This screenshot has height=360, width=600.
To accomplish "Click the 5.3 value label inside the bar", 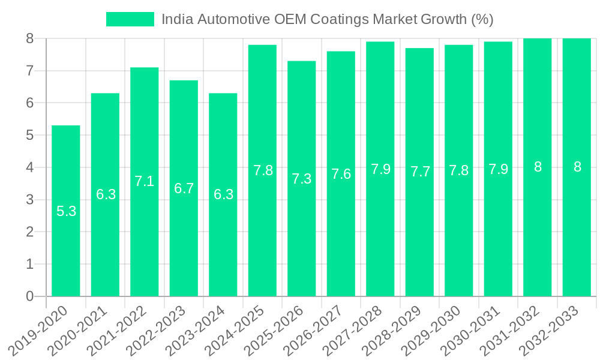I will [x=66, y=211].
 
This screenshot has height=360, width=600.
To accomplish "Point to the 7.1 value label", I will [x=145, y=181].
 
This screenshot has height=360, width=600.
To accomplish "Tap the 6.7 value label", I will [x=184, y=188].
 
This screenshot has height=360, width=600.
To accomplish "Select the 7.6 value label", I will [x=341, y=174].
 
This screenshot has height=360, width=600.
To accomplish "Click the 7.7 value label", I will [x=420, y=172].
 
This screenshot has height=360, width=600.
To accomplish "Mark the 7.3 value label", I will [x=302, y=179].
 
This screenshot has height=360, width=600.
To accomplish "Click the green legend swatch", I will [x=130, y=19].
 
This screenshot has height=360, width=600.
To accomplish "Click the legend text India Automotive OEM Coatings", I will [x=327, y=19].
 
